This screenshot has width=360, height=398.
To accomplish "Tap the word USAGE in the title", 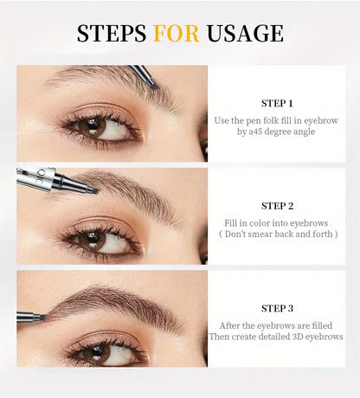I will click(x=246, y=34).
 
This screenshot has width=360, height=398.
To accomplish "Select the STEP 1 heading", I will click(x=277, y=102).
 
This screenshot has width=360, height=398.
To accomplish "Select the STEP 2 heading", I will click(x=277, y=205).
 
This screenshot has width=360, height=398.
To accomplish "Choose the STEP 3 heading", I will click(x=277, y=308).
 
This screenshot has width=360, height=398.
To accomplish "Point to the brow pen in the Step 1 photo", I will click(x=142, y=75).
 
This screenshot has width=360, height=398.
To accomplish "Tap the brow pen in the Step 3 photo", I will click(x=30, y=318).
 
